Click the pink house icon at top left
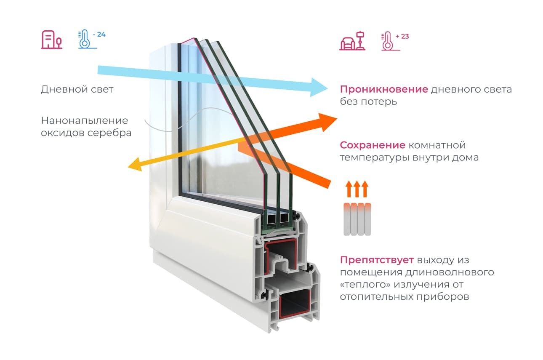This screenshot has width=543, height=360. (x=51, y=39)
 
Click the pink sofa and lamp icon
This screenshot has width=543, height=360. (x=352, y=41)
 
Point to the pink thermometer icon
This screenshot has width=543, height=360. (x=387, y=41)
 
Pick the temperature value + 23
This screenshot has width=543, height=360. (x=402, y=37)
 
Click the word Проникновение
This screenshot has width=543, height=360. (x=383, y=90)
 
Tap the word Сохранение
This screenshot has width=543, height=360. (x=372, y=145)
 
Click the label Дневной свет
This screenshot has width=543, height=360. (x=77, y=90)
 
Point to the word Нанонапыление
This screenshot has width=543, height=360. (x=84, y=121)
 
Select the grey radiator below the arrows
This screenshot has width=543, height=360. (x=357, y=219)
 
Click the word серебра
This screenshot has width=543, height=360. (x=111, y=133)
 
